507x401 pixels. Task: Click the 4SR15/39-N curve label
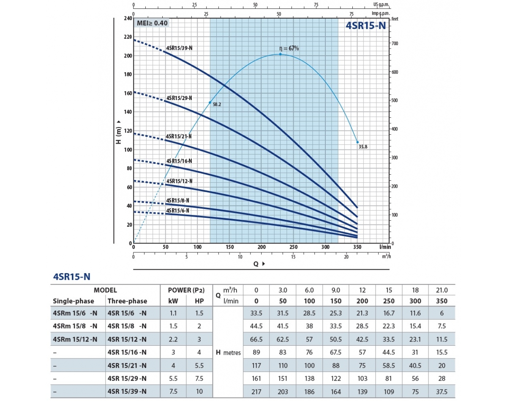180,48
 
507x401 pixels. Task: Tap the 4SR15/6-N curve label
177,210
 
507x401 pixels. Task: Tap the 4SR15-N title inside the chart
365,25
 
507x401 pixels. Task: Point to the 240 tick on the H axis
127,19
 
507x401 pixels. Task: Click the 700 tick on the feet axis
395,44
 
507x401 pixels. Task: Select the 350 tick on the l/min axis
357,247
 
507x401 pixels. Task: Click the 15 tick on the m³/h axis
293,257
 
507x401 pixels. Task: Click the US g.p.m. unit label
382,5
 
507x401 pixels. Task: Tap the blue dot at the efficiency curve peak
280,54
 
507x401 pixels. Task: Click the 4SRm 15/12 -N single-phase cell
75,339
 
